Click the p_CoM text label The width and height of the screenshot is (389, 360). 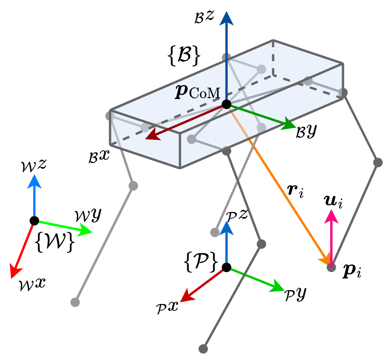coord(198,93)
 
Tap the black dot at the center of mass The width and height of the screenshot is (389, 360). coord(226,104)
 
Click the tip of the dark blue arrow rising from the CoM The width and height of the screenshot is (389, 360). coord(226,17)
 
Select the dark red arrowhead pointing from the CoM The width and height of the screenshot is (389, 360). coord(152,136)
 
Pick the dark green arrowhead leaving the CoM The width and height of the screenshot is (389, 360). coord(289,125)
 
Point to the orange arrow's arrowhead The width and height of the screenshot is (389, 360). coord(325,259)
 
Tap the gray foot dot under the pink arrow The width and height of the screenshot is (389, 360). coord(331,267)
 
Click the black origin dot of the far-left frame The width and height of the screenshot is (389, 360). coord(34,221)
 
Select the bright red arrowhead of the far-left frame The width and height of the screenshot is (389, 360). coord(15,271)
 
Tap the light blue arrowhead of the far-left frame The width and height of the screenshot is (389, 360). coord(34,181)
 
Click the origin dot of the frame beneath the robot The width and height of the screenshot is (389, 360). coord(226,267)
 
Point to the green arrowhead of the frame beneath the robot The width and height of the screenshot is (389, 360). coord(278,288)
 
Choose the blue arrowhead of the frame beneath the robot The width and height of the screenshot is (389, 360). coord(226,228)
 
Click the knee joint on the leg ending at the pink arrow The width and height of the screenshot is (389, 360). coord(378,162)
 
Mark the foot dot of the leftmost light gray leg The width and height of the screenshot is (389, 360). coord(75,302)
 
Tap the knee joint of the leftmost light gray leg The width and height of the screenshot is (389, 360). coord(133,186)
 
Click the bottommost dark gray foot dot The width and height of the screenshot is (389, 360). coord(203,349)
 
